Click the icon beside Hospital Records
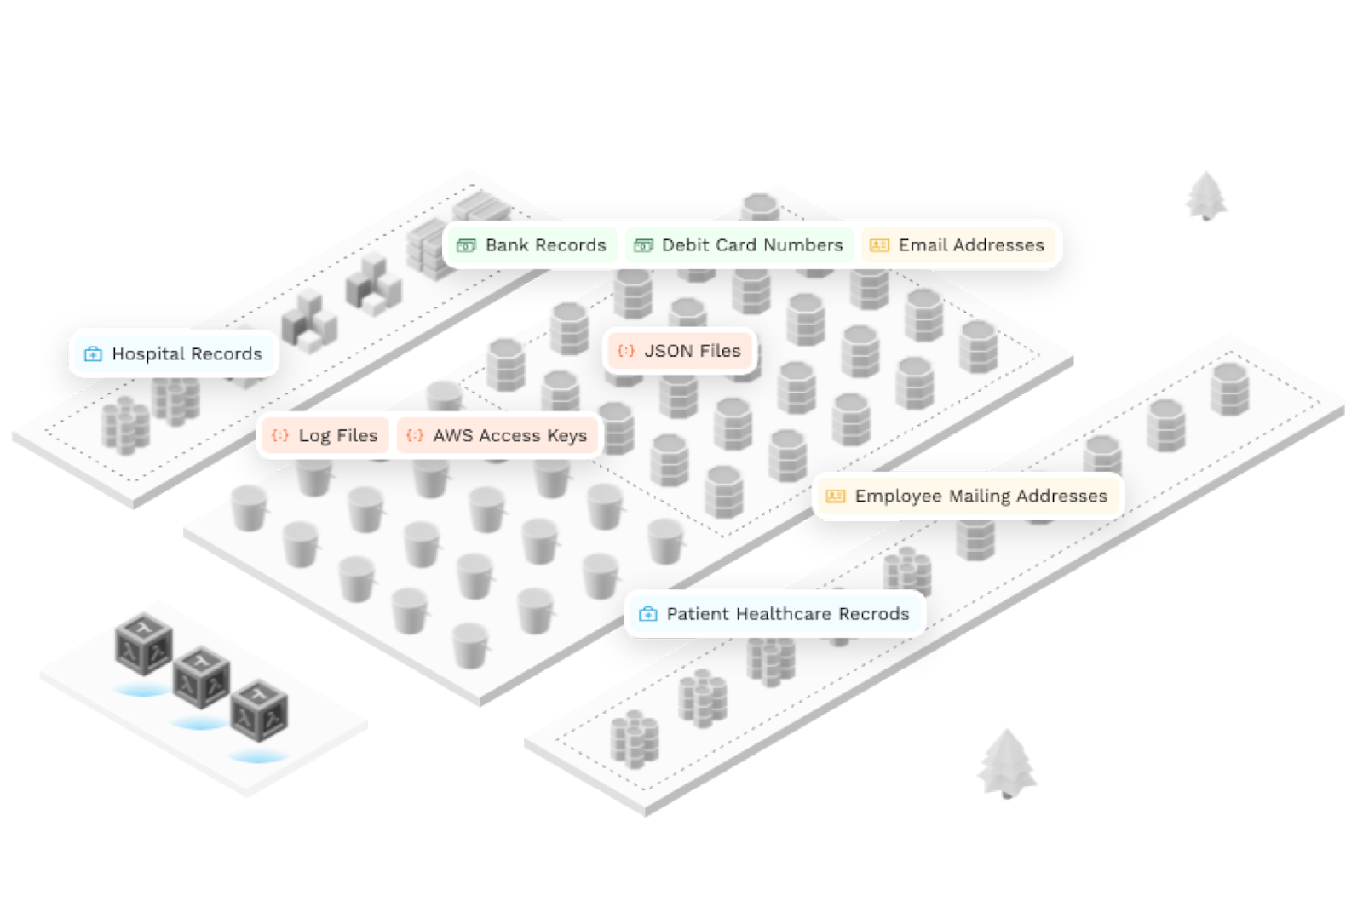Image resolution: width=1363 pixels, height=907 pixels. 93,354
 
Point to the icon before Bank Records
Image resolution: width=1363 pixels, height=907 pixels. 466,246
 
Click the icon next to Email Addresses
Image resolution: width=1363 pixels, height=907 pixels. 879,246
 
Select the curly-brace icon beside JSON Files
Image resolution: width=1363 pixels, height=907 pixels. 626,351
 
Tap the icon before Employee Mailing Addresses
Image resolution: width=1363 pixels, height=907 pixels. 836,497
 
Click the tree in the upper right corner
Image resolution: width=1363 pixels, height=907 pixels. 1205,196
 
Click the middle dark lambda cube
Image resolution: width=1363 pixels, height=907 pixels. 201,679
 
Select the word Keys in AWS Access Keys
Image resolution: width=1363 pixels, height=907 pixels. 566,435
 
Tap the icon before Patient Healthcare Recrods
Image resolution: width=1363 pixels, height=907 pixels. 648,614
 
